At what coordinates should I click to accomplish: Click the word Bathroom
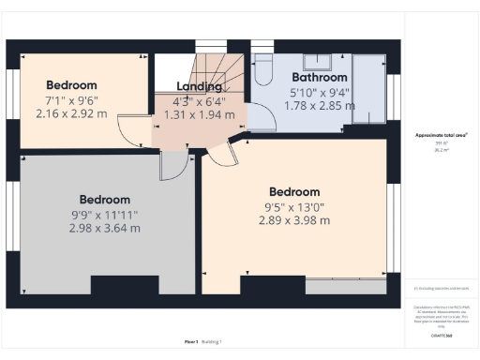click(x=320, y=78)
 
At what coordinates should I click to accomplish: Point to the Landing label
click(x=198, y=87)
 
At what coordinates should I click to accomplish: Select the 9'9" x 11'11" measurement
click(x=104, y=214)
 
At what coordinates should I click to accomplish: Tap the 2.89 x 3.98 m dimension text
click(x=295, y=220)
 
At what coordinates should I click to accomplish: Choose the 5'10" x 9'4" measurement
click(x=320, y=92)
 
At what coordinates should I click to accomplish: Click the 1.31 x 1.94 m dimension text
click(x=198, y=114)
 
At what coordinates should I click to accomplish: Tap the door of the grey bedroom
click(x=173, y=166)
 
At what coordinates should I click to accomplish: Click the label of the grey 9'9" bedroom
click(x=104, y=200)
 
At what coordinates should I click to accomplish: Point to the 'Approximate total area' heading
click(x=442, y=135)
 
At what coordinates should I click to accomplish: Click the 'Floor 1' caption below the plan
click(x=191, y=342)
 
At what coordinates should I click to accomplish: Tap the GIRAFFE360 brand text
click(x=442, y=335)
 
